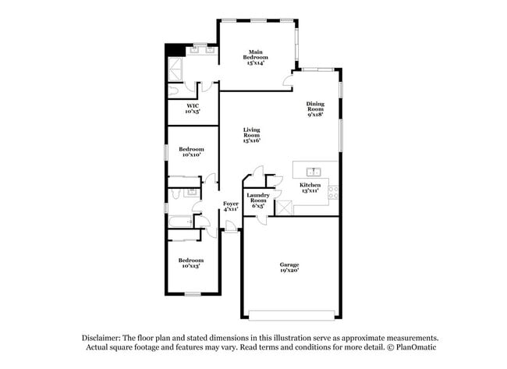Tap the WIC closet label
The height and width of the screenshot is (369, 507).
coord(193,108)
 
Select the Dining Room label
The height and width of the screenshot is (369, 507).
coord(315,108)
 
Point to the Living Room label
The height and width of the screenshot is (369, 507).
coord(251,135)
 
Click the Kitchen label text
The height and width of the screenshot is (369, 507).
coord(310,188)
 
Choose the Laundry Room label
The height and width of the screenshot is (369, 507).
coord(258,200)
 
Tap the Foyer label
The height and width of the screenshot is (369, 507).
coord(231,206)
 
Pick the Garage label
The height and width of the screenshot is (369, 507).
coord(289,268)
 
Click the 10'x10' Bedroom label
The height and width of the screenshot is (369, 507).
coord(191,152)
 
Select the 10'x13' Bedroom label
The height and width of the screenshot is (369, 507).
coord(192,263)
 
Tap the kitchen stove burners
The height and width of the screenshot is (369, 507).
coord(333,190)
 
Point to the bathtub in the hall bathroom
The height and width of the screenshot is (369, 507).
coord(180,222)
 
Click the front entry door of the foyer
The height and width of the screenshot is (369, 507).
coord(231,228)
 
